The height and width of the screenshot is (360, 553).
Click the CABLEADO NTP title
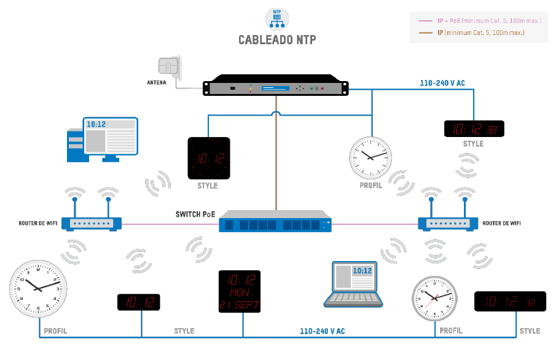[x=277, y=40]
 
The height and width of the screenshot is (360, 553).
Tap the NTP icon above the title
[x=276, y=18]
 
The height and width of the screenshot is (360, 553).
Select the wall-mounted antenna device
[x=170, y=68]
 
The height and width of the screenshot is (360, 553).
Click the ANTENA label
[x=156, y=82]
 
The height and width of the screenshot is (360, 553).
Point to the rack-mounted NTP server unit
[x=277, y=88]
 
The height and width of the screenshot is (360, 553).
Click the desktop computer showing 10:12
[x=102, y=139]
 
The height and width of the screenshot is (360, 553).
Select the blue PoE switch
[x=275, y=221]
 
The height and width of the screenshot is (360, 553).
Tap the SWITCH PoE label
[x=196, y=214]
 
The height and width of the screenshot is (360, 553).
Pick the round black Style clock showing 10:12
[x=208, y=159]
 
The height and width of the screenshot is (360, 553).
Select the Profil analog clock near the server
[x=370, y=156]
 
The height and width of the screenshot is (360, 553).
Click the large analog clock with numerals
[x=38, y=288]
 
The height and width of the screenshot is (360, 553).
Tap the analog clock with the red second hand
[x=434, y=298]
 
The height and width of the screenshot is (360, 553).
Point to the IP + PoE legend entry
[x=480, y=21]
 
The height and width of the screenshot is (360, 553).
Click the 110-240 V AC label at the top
[x=442, y=82]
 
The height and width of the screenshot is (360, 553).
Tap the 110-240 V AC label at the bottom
[x=323, y=331]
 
